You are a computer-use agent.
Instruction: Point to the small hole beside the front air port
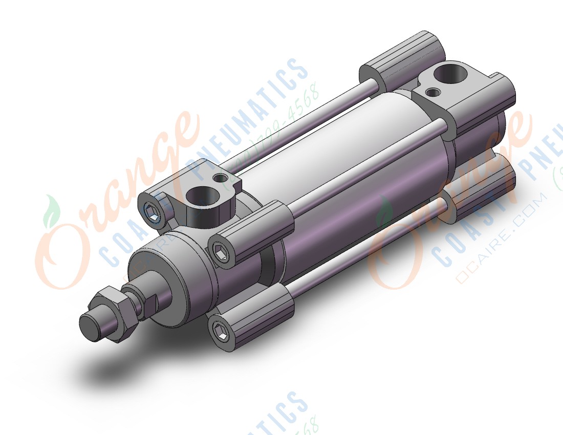tap(221, 178)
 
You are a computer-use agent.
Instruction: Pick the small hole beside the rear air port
tap(434, 92)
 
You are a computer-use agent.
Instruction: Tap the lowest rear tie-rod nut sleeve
tap(486, 189)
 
